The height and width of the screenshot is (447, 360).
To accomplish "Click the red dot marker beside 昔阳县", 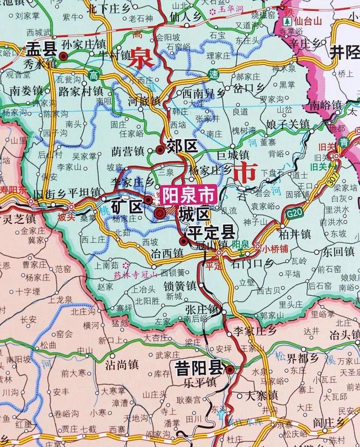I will pyautogui.click(x=230, y=370).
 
